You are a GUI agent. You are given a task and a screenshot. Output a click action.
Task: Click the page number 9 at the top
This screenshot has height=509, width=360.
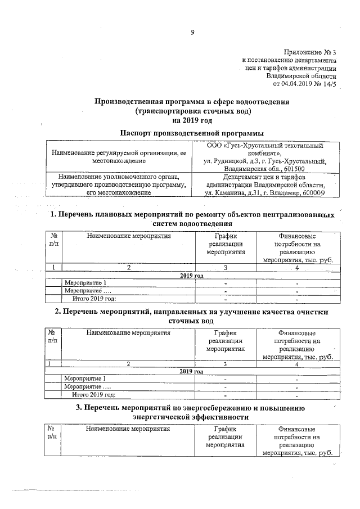click(x=192, y=32)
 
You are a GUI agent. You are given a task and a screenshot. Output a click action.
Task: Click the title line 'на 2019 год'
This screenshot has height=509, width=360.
click(x=192, y=120)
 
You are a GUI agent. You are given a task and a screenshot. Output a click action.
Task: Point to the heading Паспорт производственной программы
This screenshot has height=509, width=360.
click(x=192, y=133)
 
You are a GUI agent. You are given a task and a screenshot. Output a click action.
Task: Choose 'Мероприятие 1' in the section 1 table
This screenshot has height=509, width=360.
click(x=85, y=282)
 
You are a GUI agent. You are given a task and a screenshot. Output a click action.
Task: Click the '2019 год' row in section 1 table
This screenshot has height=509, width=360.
click(x=192, y=275)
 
